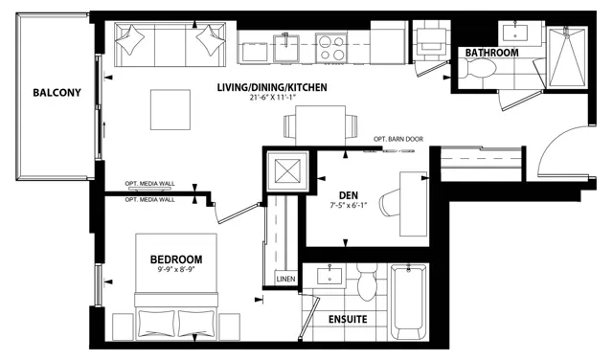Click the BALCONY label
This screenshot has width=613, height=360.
pyautogui.click(x=57, y=93)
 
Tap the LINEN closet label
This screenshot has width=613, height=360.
pyautogui.click(x=285, y=279)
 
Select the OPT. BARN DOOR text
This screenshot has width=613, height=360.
pyautogui.click(x=398, y=139)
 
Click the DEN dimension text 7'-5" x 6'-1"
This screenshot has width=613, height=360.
pyautogui.click(x=348, y=205)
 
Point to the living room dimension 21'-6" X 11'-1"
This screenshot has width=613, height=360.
pyautogui.click(x=272, y=98)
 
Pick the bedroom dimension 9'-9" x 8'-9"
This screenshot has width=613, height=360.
pyautogui.click(x=176, y=269)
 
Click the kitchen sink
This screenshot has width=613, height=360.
pyautogui.click(x=286, y=48)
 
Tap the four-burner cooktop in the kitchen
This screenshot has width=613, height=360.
pyautogui.click(x=331, y=48)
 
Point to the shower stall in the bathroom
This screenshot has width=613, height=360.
pyautogui.click(x=567, y=56)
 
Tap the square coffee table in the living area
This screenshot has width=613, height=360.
pyautogui.click(x=170, y=110)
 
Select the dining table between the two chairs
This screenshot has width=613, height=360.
pyautogui.click(x=321, y=125)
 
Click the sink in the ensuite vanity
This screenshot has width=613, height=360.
pyautogui.click(x=329, y=276)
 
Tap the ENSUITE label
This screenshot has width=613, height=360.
pyautogui.click(x=348, y=320)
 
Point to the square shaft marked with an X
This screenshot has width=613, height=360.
pyautogui.click(x=287, y=171)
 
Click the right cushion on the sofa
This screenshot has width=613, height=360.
pyautogui.click(x=211, y=40)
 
